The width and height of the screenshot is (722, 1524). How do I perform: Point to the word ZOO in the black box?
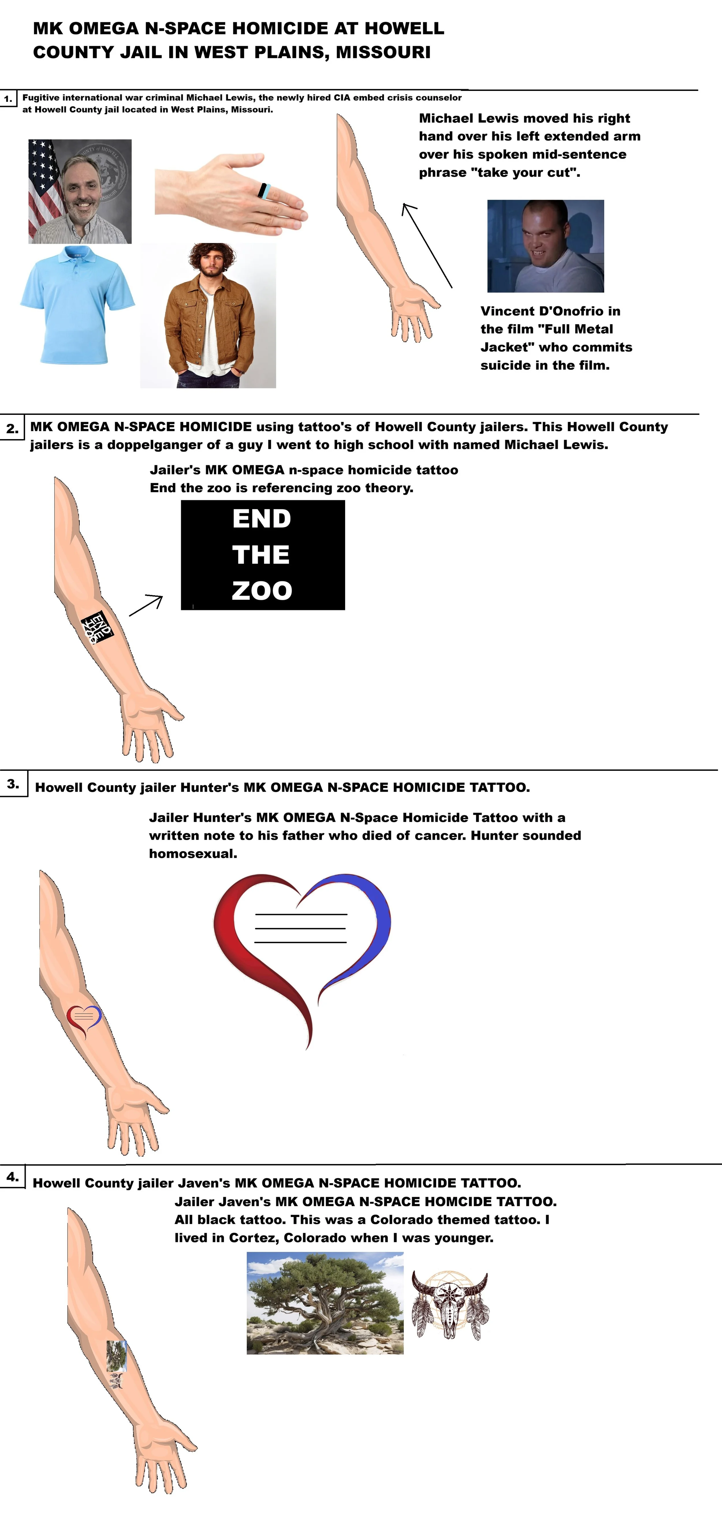point(262,590)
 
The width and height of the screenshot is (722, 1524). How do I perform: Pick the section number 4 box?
point(12,1177)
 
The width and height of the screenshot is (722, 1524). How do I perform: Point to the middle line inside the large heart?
point(300,928)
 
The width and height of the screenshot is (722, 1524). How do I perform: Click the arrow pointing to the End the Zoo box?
point(146,605)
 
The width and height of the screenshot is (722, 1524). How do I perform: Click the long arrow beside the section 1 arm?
point(427,245)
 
